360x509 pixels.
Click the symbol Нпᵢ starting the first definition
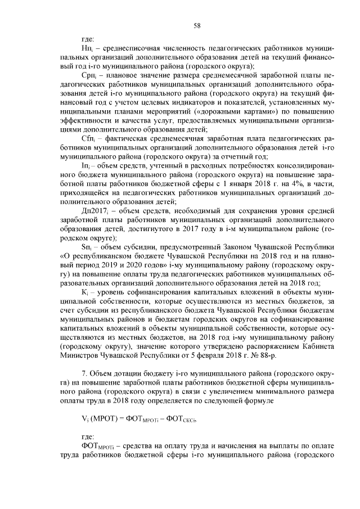pyautogui.click(x=87, y=49)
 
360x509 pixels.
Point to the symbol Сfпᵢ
pyautogui.click(x=88, y=138)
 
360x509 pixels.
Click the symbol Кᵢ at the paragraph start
pyautogui.click(x=85, y=291)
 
